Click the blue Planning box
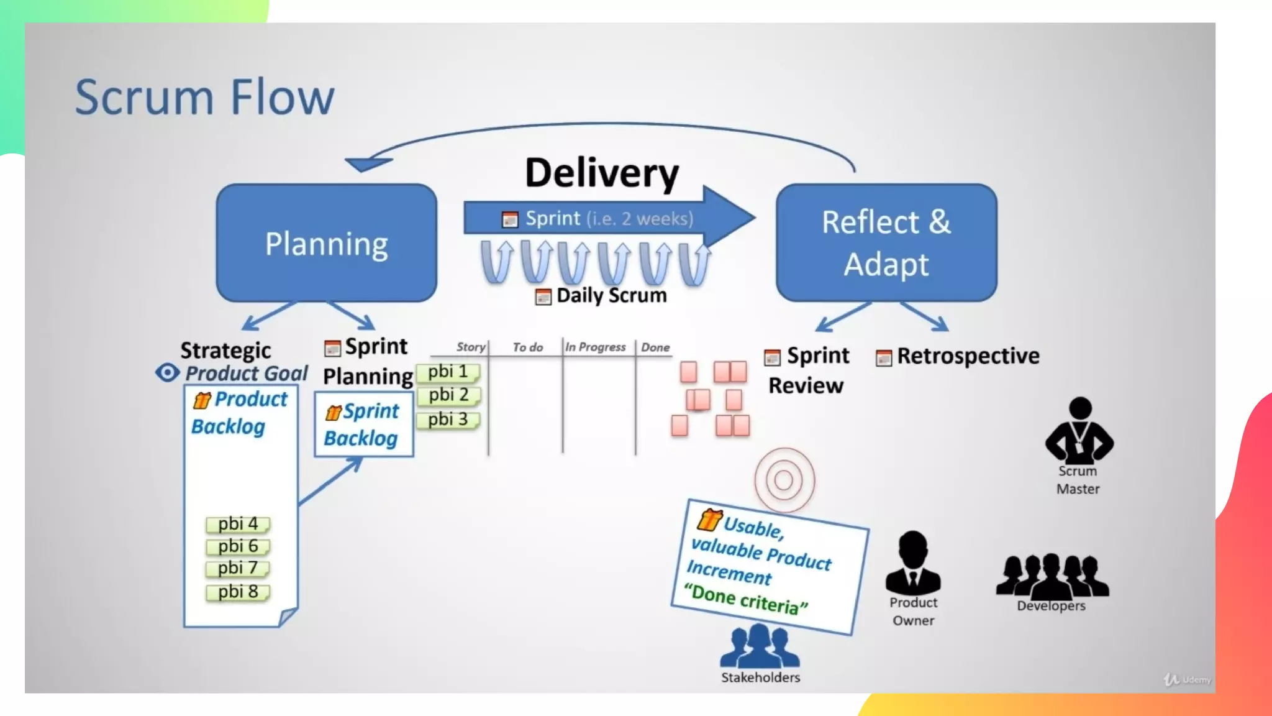326,243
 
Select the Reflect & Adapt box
886,243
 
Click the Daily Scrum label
611,295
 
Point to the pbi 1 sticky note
448,372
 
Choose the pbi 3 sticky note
448,420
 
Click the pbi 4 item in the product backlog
238,524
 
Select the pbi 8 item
238,592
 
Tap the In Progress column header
595,347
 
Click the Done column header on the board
655,347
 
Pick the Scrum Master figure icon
1079,429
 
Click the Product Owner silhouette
913,563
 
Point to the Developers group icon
1052,576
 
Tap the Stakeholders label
760,677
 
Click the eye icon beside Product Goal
167,372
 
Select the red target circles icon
784,480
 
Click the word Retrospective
968,356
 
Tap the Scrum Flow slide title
204,97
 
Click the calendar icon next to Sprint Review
772,357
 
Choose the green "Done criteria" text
745,599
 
